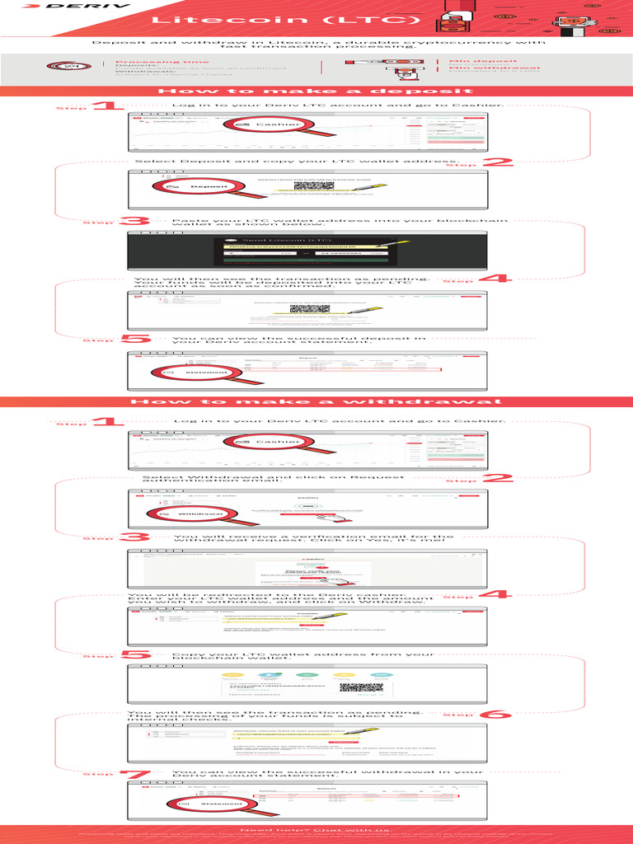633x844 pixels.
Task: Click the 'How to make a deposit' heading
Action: pos(316,91)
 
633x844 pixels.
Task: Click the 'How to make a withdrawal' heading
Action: pos(316,401)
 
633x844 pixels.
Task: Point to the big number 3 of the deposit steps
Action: pos(133,221)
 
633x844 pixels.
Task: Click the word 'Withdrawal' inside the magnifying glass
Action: pos(200,513)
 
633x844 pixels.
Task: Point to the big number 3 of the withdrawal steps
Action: pos(133,537)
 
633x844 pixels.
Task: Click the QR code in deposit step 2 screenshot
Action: pos(311,187)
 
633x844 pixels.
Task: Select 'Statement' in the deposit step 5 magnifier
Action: pos(206,373)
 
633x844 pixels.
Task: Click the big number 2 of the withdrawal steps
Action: pos(498,479)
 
